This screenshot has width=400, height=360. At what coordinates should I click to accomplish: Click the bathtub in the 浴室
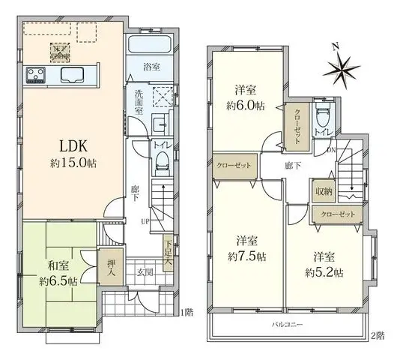(x=150, y=46)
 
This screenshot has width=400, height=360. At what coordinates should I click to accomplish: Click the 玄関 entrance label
(x=146, y=272)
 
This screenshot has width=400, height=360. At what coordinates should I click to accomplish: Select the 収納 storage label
(x=323, y=193)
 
